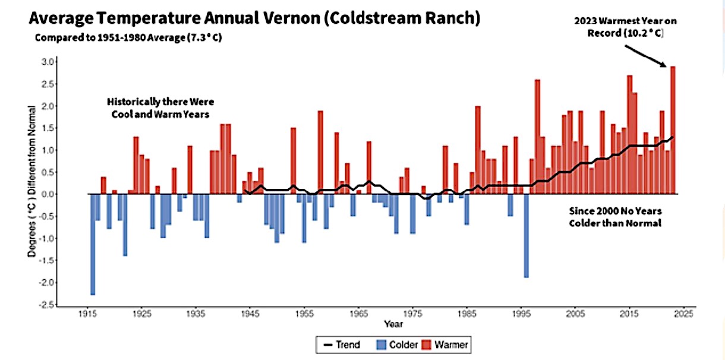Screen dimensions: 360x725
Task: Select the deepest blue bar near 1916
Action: point(93,244)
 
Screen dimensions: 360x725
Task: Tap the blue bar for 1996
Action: point(527,235)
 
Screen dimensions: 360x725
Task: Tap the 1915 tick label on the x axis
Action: point(87,313)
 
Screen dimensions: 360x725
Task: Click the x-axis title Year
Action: point(393,324)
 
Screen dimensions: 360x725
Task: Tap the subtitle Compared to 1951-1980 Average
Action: point(131,37)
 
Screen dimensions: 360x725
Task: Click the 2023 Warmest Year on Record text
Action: point(625,27)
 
